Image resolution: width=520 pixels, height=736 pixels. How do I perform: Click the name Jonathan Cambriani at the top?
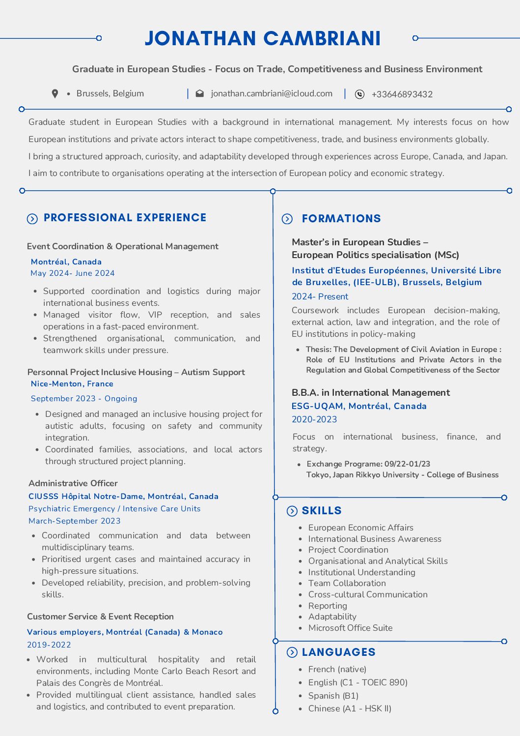(x=263, y=38)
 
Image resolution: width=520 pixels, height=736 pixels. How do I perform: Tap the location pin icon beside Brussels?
(x=55, y=93)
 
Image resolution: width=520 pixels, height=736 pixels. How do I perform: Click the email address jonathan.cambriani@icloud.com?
(x=272, y=93)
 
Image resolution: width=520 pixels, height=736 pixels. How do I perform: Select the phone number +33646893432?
(x=402, y=94)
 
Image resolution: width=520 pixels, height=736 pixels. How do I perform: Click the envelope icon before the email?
(x=200, y=93)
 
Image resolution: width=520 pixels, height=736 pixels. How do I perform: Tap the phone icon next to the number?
(x=360, y=94)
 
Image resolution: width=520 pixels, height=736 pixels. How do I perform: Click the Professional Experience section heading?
(x=125, y=218)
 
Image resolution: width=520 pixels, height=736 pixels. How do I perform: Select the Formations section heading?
(x=341, y=219)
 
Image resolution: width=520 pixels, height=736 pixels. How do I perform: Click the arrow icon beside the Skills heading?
(x=292, y=511)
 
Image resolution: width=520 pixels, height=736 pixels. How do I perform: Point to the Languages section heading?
(x=338, y=652)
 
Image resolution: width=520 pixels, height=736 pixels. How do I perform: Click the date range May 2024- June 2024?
(x=73, y=273)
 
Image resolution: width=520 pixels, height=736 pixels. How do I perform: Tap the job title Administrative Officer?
(x=73, y=483)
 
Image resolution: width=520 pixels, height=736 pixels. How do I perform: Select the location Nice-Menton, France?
(x=72, y=384)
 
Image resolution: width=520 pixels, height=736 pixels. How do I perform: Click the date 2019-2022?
(x=49, y=645)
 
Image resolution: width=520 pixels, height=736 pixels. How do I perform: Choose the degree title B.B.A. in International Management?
(x=371, y=393)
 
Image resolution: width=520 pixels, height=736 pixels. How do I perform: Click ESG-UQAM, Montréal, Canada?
(x=359, y=406)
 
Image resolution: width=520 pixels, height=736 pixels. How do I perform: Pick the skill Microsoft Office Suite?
(x=350, y=628)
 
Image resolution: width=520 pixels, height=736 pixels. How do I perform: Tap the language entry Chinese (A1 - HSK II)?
(x=350, y=708)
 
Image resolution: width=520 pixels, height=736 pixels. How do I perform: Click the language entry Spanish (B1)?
(x=333, y=696)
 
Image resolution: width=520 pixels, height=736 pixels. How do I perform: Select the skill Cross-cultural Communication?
(x=368, y=594)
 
